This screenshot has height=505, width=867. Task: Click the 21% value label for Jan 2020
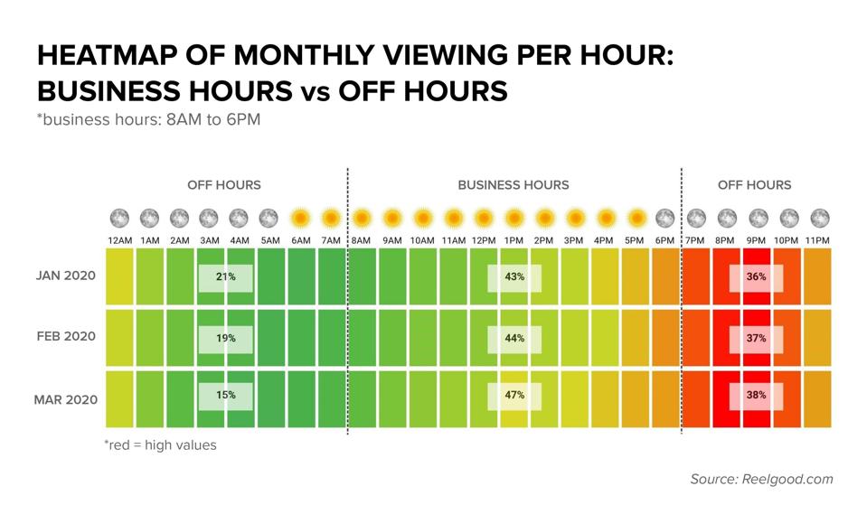(x=226, y=276)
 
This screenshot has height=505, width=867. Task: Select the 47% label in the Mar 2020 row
(x=514, y=395)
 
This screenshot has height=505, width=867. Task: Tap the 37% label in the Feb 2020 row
(x=757, y=338)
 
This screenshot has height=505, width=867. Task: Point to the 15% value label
(x=226, y=395)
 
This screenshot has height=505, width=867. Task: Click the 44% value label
(x=514, y=338)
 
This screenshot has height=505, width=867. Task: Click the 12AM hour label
(x=120, y=239)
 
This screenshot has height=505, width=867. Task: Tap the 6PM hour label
(x=664, y=239)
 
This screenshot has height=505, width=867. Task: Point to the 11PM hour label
(x=817, y=239)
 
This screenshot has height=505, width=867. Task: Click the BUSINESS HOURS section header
(x=513, y=185)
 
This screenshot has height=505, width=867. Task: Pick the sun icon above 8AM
(x=362, y=218)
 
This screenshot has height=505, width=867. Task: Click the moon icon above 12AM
(x=120, y=218)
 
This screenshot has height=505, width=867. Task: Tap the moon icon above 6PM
(x=664, y=218)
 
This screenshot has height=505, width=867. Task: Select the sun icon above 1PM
(x=514, y=218)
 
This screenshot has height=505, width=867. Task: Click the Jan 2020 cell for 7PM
(x=696, y=276)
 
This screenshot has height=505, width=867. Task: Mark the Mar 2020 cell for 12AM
(x=120, y=398)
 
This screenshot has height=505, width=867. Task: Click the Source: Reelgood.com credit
(x=761, y=479)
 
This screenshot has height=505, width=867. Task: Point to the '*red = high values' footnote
(x=160, y=445)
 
